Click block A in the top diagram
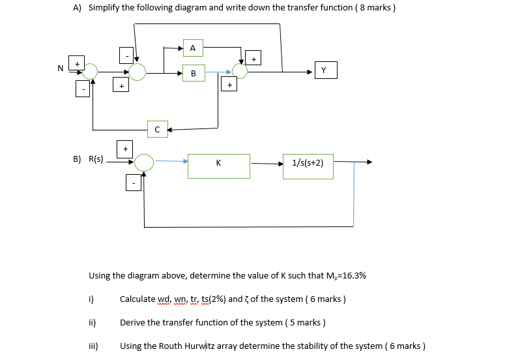193,48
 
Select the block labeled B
193,73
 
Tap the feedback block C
158,129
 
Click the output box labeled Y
325,70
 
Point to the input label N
61,68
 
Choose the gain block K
218,166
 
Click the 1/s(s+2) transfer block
308,165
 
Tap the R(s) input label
95,158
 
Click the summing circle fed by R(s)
143,162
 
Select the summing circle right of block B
240,71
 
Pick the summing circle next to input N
91,71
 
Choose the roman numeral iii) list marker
93,346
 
